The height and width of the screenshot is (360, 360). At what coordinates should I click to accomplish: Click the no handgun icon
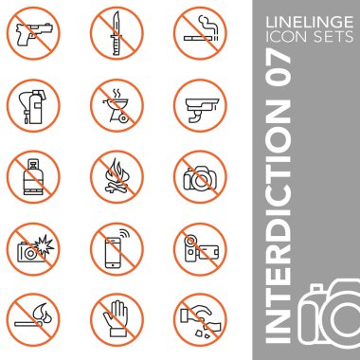click(32, 32)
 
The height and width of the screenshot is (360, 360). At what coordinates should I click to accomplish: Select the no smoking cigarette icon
click(200, 32)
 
